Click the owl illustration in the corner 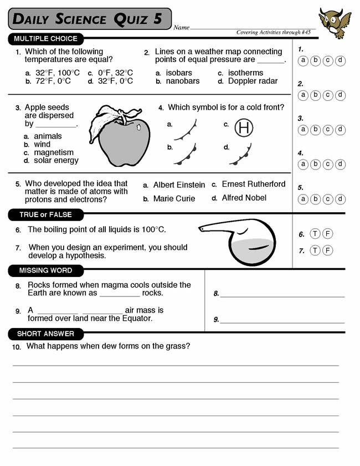click(335, 23)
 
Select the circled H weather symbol click(244, 128)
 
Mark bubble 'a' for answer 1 click(304, 60)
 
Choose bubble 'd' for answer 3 click(341, 130)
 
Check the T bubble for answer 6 click(315, 234)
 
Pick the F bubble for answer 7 click(328, 250)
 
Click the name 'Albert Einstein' click(179, 185)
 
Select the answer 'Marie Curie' click(174, 198)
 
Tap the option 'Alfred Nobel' click(244, 198)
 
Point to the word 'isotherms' click(245, 73)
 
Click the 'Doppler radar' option click(253, 81)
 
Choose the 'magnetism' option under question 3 click(54, 152)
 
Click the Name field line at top click(252, 28)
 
